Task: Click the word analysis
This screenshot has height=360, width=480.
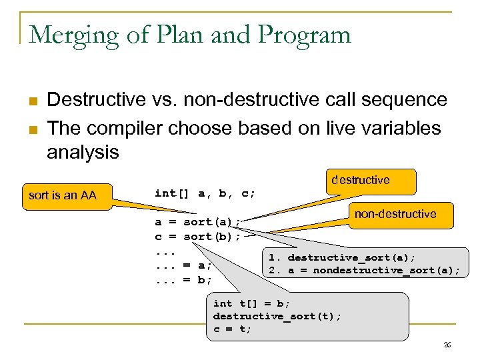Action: pos(82,153)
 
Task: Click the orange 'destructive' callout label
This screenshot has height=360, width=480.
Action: pos(370,180)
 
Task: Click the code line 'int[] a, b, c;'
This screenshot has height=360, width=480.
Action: pos(205,193)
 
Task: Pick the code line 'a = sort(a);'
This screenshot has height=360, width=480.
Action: pos(197,222)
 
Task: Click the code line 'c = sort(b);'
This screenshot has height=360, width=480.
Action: pos(197,236)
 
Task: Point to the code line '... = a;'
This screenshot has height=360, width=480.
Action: pos(183,265)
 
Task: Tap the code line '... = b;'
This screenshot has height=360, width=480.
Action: pos(183,279)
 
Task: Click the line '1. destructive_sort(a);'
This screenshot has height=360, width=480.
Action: pos(342,257)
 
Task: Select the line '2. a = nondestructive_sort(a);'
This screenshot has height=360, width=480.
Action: pos(364,270)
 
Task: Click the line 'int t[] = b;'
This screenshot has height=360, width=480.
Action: pos(251,303)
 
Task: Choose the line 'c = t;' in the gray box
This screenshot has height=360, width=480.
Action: pos(232,329)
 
